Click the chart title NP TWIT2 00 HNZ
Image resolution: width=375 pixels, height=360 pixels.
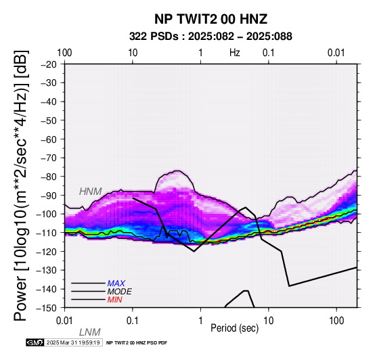point(211,19)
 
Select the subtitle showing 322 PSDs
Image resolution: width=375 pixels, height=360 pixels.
point(211,37)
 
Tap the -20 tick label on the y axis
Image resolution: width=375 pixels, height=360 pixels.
point(49,64)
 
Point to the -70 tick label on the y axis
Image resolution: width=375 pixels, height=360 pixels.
point(49,158)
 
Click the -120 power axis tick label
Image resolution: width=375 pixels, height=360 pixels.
point(47,252)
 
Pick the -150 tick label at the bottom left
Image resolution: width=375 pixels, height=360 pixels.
point(47,308)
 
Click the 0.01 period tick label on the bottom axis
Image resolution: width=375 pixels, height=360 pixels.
point(64,321)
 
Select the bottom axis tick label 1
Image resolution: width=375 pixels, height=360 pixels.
point(200,321)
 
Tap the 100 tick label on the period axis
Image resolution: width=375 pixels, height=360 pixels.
point(336,321)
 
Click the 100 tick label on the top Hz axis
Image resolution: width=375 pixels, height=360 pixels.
point(64,53)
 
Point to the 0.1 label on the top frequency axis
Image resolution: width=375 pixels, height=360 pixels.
point(268,53)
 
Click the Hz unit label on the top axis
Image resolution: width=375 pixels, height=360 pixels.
point(235,53)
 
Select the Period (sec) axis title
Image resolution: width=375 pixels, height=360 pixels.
point(235,328)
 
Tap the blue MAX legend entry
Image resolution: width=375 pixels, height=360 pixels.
point(116,284)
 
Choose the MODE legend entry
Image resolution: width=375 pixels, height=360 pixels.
point(119,292)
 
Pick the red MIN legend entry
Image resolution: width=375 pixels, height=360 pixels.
point(114,300)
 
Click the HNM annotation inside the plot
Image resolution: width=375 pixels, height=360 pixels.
point(91,192)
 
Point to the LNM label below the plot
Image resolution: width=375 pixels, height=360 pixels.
point(89,332)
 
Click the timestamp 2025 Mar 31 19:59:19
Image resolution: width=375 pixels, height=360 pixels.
point(73,343)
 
